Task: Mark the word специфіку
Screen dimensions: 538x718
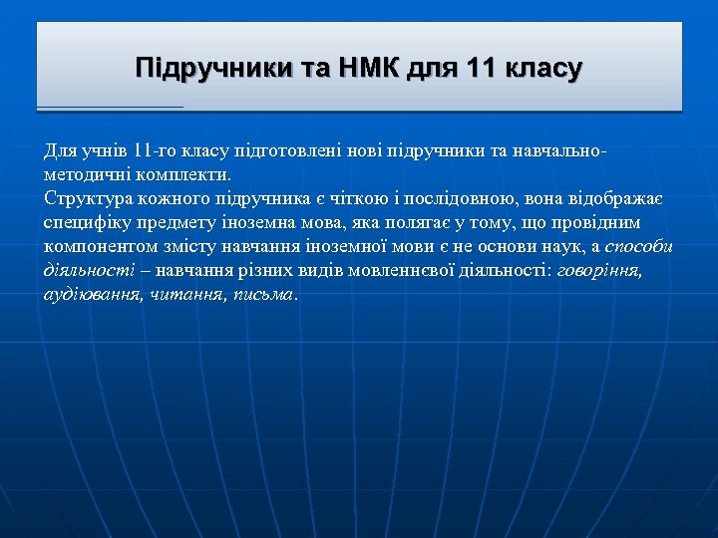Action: [84, 222]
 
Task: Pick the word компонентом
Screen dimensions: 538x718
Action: [94, 246]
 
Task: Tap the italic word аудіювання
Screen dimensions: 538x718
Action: [93, 294]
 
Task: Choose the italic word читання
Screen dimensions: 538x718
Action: [186, 294]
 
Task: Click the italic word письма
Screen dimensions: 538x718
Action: [263, 294]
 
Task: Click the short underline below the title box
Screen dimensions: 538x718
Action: [110, 106]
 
